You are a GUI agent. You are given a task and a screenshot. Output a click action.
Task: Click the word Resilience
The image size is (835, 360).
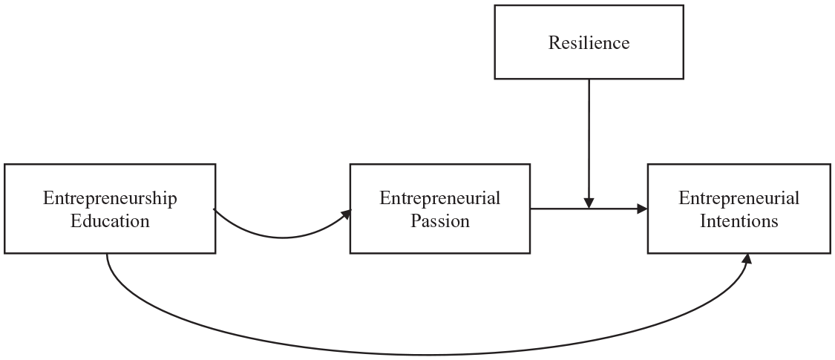point(589,42)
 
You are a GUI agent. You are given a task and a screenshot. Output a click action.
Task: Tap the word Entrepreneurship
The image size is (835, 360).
point(111,199)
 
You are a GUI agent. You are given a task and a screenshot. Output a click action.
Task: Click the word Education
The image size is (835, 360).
point(111,221)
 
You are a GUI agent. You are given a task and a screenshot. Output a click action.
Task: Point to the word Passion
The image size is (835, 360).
point(440,221)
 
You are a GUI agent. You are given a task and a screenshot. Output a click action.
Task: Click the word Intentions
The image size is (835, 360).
point(739,221)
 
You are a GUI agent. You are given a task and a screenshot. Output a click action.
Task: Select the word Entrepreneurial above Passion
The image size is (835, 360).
point(440,199)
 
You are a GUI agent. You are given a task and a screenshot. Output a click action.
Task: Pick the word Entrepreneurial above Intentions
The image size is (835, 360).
point(739,199)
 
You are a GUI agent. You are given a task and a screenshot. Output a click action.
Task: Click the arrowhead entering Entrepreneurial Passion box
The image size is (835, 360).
point(347,214)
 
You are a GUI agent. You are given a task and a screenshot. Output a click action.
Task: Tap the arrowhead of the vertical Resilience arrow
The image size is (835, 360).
point(589,203)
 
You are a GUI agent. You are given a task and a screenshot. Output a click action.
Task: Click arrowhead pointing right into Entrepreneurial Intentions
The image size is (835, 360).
point(642,209)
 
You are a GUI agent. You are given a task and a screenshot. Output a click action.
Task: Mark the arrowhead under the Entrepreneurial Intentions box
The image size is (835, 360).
point(747,258)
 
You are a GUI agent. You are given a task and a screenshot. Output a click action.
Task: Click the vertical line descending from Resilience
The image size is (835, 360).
point(589,139)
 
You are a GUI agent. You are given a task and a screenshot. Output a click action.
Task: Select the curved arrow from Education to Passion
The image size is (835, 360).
point(282,238)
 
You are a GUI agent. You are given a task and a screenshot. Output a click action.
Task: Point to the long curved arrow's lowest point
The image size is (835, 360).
point(426,355)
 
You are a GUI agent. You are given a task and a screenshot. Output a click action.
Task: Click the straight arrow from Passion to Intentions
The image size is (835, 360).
point(589,209)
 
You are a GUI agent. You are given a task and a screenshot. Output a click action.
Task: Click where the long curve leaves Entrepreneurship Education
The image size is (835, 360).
point(107,254)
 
